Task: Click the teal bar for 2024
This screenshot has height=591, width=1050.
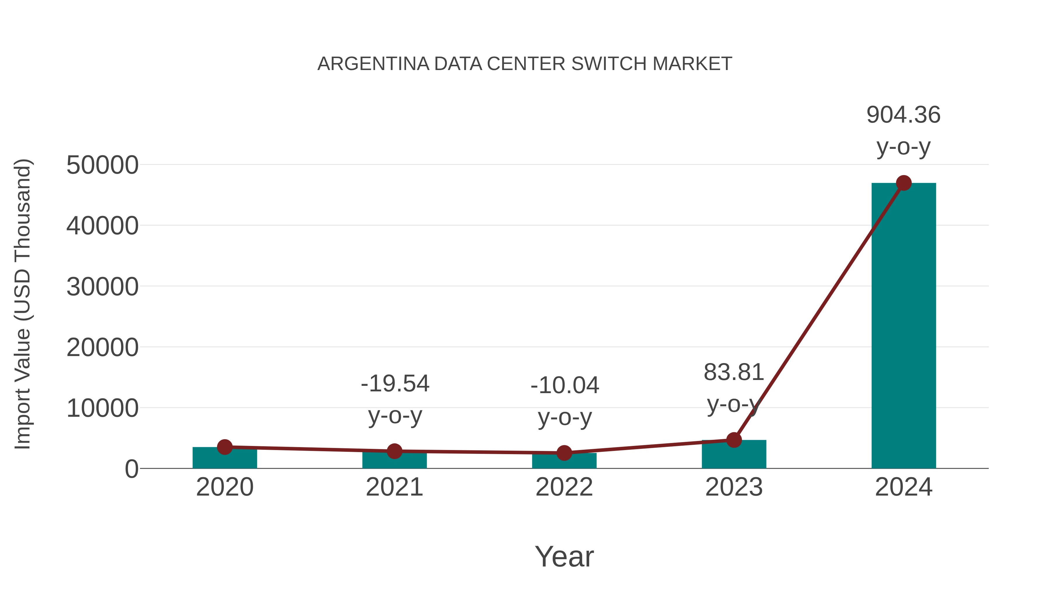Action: pyautogui.click(x=904, y=326)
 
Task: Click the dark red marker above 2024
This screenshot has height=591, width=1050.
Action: pyautogui.click(x=904, y=183)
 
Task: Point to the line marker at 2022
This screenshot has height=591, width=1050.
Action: pyautogui.click(x=564, y=453)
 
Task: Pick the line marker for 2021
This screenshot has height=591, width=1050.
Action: pyautogui.click(x=394, y=451)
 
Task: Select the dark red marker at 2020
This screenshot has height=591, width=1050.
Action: pyautogui.click(x=225, y=447)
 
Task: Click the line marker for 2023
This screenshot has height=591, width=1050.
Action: pyautogui.click(x=734, y=440)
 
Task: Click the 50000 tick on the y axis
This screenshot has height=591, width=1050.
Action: pyautogui.click(x=102, y=165)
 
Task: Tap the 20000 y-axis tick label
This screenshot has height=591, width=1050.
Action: pyautogui.click(x=102, y=348)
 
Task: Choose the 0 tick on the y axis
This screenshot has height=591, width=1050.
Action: pyautogui.click(x=131, y=469)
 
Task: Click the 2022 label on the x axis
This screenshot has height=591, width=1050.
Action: pyautogui.click(x=564, y=487)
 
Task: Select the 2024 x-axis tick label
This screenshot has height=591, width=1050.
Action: pyautogui.click(x=904, y=487)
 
